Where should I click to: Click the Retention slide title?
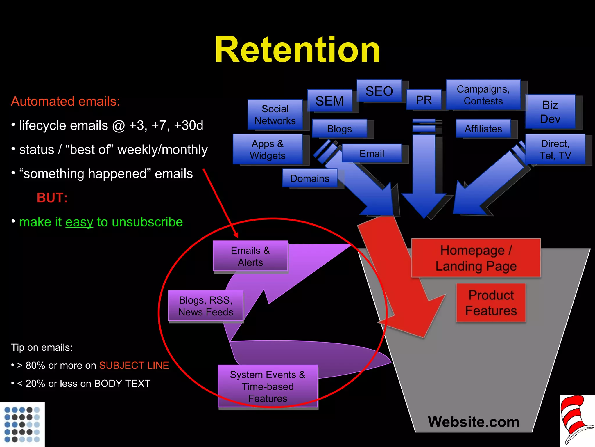pyautogui.click(x=297, y=49)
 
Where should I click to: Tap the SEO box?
pyautogui.click(x=379, y=91)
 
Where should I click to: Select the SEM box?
pyautogui.click(x=330, y=101)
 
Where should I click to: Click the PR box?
pyautogui.click(x=424, y=100)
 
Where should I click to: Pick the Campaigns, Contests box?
pyautogui.click(x=483, y=95)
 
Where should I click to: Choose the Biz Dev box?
pyautogui.click(x=550, y=112)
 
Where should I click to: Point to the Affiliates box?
pyautogui.click(x=483, y=129)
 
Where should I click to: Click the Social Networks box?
pyautogui.click(x=275, y=115)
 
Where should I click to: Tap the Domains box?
pyautogui.click(x=310, y=178)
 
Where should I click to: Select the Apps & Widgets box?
pyautogui.click(x=268, y=149)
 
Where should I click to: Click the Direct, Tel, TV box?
pyautogui.click(x=555, y=149)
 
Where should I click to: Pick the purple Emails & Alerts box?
pyautogui.click(x=250, y=256)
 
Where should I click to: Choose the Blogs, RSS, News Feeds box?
pyautogui.click(x=206, y=306)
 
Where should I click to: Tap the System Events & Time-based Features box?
pyautogui.click(x=268, y=386)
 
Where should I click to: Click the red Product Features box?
pyautogui.click(x=491, y=303)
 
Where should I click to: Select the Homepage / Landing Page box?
pyautogui.click(x=476, y=258)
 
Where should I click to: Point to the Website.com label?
pyautogui.click(x=474, y=422)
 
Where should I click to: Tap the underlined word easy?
pyautogui.click(x=79, y=222)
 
